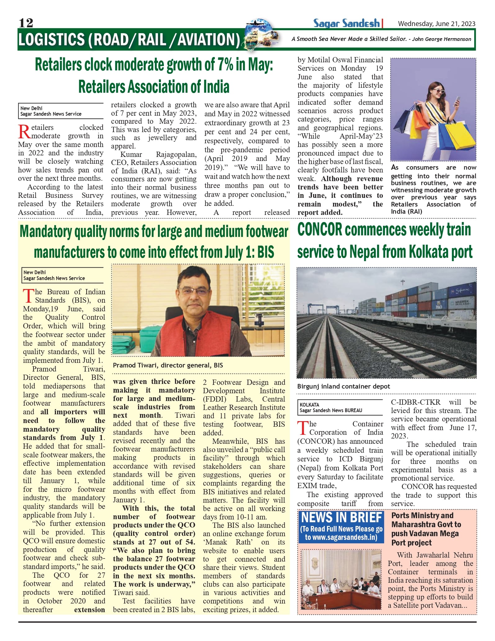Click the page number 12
(x=26, y=23)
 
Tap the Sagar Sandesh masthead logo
(x=346, y=23)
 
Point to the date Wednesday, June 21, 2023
(x=436, y=24)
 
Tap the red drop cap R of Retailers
(x=24, y=131)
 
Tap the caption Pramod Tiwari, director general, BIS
(x=168, y=365)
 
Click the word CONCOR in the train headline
(x=320, y=230)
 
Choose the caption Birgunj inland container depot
(x=344, y=386)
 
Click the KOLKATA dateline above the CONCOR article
(x=309, y=405)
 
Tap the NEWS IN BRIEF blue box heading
(x=341, y=518)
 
